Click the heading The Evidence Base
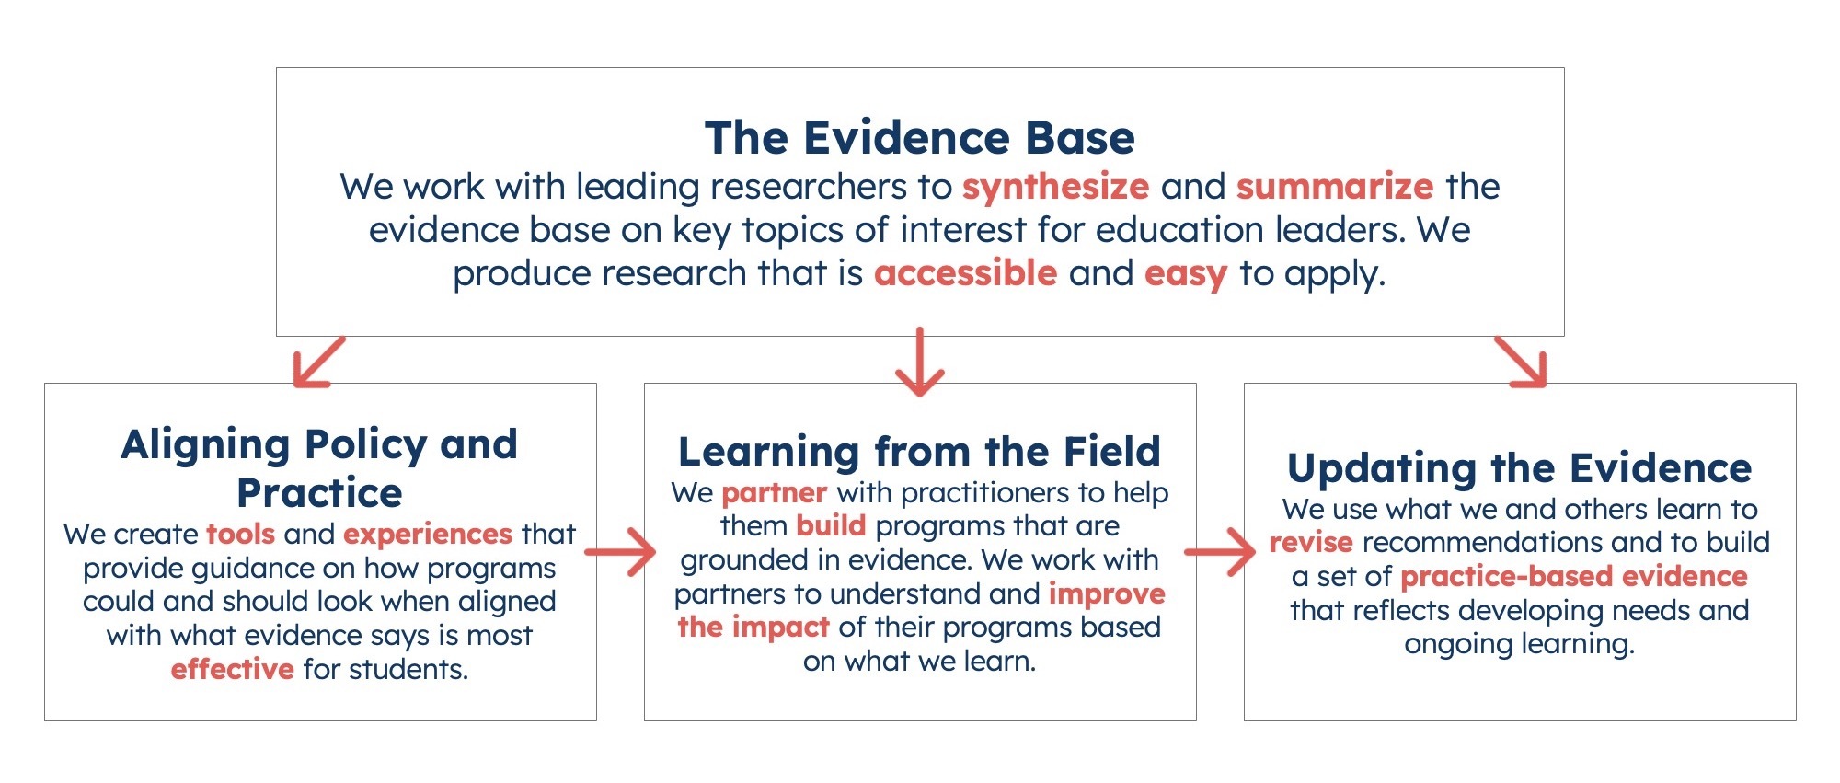pyautogui.click(x=919, y=138)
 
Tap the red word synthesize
pyautogui.click(x=1055, y=187)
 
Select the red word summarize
pyautogui.click(x=1334, y=187)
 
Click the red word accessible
pyautogui.click(x=965, y=273)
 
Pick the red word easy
pyautogui.click(x=1185, y=273)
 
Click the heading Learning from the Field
pyautogui.click(x=919, y=452)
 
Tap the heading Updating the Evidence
pyautogui.click(x=1519, y=468)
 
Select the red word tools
pyautogui.click(x=240, y=534)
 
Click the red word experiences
pyautogui.click(x=427, y=534)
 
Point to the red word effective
pyautogui.click(x=232, y=669)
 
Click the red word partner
pyautogui.click(x=774, y=493)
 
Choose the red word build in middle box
pyautogui.click(x=831, y=526)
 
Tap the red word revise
pyautogui.click(x=1311, y=542)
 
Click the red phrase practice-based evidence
pyautogui.click(x=1573, y=576)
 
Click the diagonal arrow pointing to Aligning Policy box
pyautogui.click(x=317, y=363)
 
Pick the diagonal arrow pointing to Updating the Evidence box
pyautogui.click(x=1522, y=363)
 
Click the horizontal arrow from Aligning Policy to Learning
pyautogui.click(x=621, y=552)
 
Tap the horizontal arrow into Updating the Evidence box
pyautogui.click(x=1220, y=552)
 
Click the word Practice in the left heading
pyautogui.click(x=319, y=493)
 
